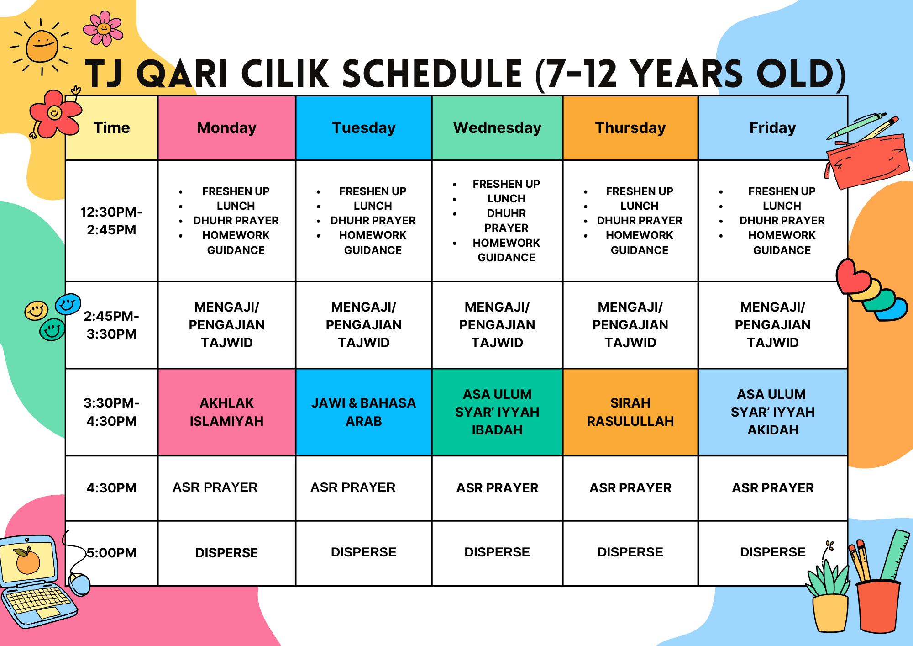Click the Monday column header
pyautogui.click(x=226, y=128)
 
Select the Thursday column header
pyautogui.click(x=630, y=128)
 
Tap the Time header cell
pyautogui.click(x=112, y=128)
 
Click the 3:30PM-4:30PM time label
pyautogui.click(x=112, y=412)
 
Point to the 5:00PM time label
pyautogui.click(x=112, y=553)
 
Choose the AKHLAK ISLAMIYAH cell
pyautogui.click(x=226, y=412)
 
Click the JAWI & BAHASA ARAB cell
pyautogui.click(x=364, y=412)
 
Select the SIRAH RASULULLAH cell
pyautogui.click(x=630, y=412)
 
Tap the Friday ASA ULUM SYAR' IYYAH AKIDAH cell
pyautogui.click(x=773, y=412)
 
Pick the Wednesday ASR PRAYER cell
pyautogui.click(x=497, y=488)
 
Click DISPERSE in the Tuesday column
pyautogui.click(x=364, y=552)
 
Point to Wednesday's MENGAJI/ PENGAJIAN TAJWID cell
pyautogui.click(x=497, y=325)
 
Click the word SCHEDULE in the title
pyautogui.click(x=432, y=74)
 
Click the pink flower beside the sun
pyautogui.click(x=103, y=28)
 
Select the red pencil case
pyautogui.click(x=867, y=160)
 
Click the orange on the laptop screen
pyautogui.click(x=28, y=561)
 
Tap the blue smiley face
pyautogui.click(x=68, y=304)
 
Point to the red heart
pyautogui.click(x=853, y=277)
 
